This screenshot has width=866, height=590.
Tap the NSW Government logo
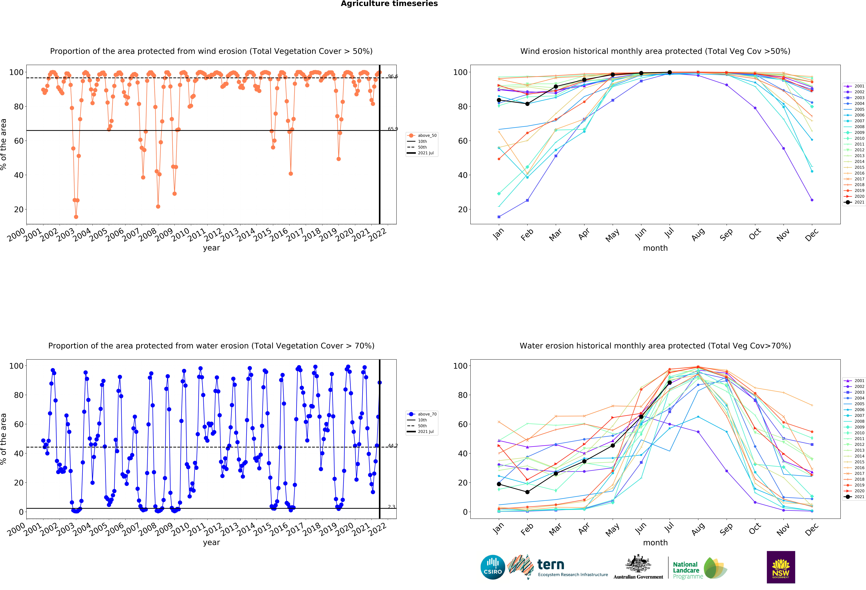(781, 567)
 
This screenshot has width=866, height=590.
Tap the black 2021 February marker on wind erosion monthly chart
(527, 104)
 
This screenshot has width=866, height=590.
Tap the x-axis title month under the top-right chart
(655, 248)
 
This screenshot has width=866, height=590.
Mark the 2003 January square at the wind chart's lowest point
(499, 217)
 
